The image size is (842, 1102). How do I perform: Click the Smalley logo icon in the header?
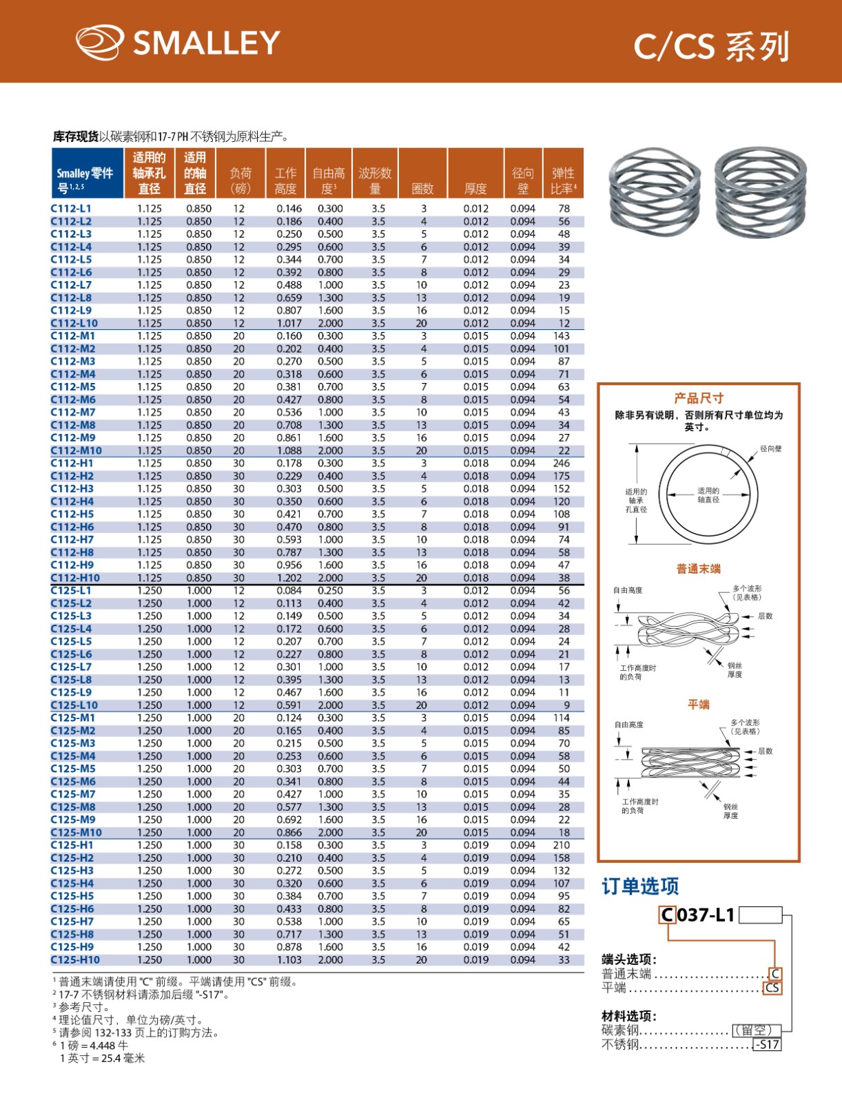coord(100,42)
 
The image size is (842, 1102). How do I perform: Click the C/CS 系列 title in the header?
coord(710,47)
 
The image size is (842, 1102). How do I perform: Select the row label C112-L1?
coord(71,209)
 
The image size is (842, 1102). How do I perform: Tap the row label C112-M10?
coord(76,450)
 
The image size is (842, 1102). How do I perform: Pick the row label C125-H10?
coord(75,959)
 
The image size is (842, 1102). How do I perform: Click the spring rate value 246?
coord(562,464)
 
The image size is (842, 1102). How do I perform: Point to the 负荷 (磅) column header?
coord(240,180)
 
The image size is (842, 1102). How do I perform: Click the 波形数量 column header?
coord(375,180)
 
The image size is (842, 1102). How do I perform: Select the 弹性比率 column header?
coord(563,180)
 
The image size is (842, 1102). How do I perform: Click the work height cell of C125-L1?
coord(289,590)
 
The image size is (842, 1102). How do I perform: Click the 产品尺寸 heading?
coord(699,398)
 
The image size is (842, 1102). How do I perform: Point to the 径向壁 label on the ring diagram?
coord(771,448)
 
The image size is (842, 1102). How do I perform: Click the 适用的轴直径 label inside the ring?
coord(708,495)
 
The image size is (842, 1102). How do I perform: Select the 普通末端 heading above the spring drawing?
coord(698,569)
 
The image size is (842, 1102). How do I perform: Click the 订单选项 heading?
coord(640,886)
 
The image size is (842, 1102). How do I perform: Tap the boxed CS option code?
coord(772,988)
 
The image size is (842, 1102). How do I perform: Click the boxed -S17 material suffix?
coord(767,1044)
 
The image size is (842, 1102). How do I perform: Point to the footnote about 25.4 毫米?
coord(102,1059)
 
